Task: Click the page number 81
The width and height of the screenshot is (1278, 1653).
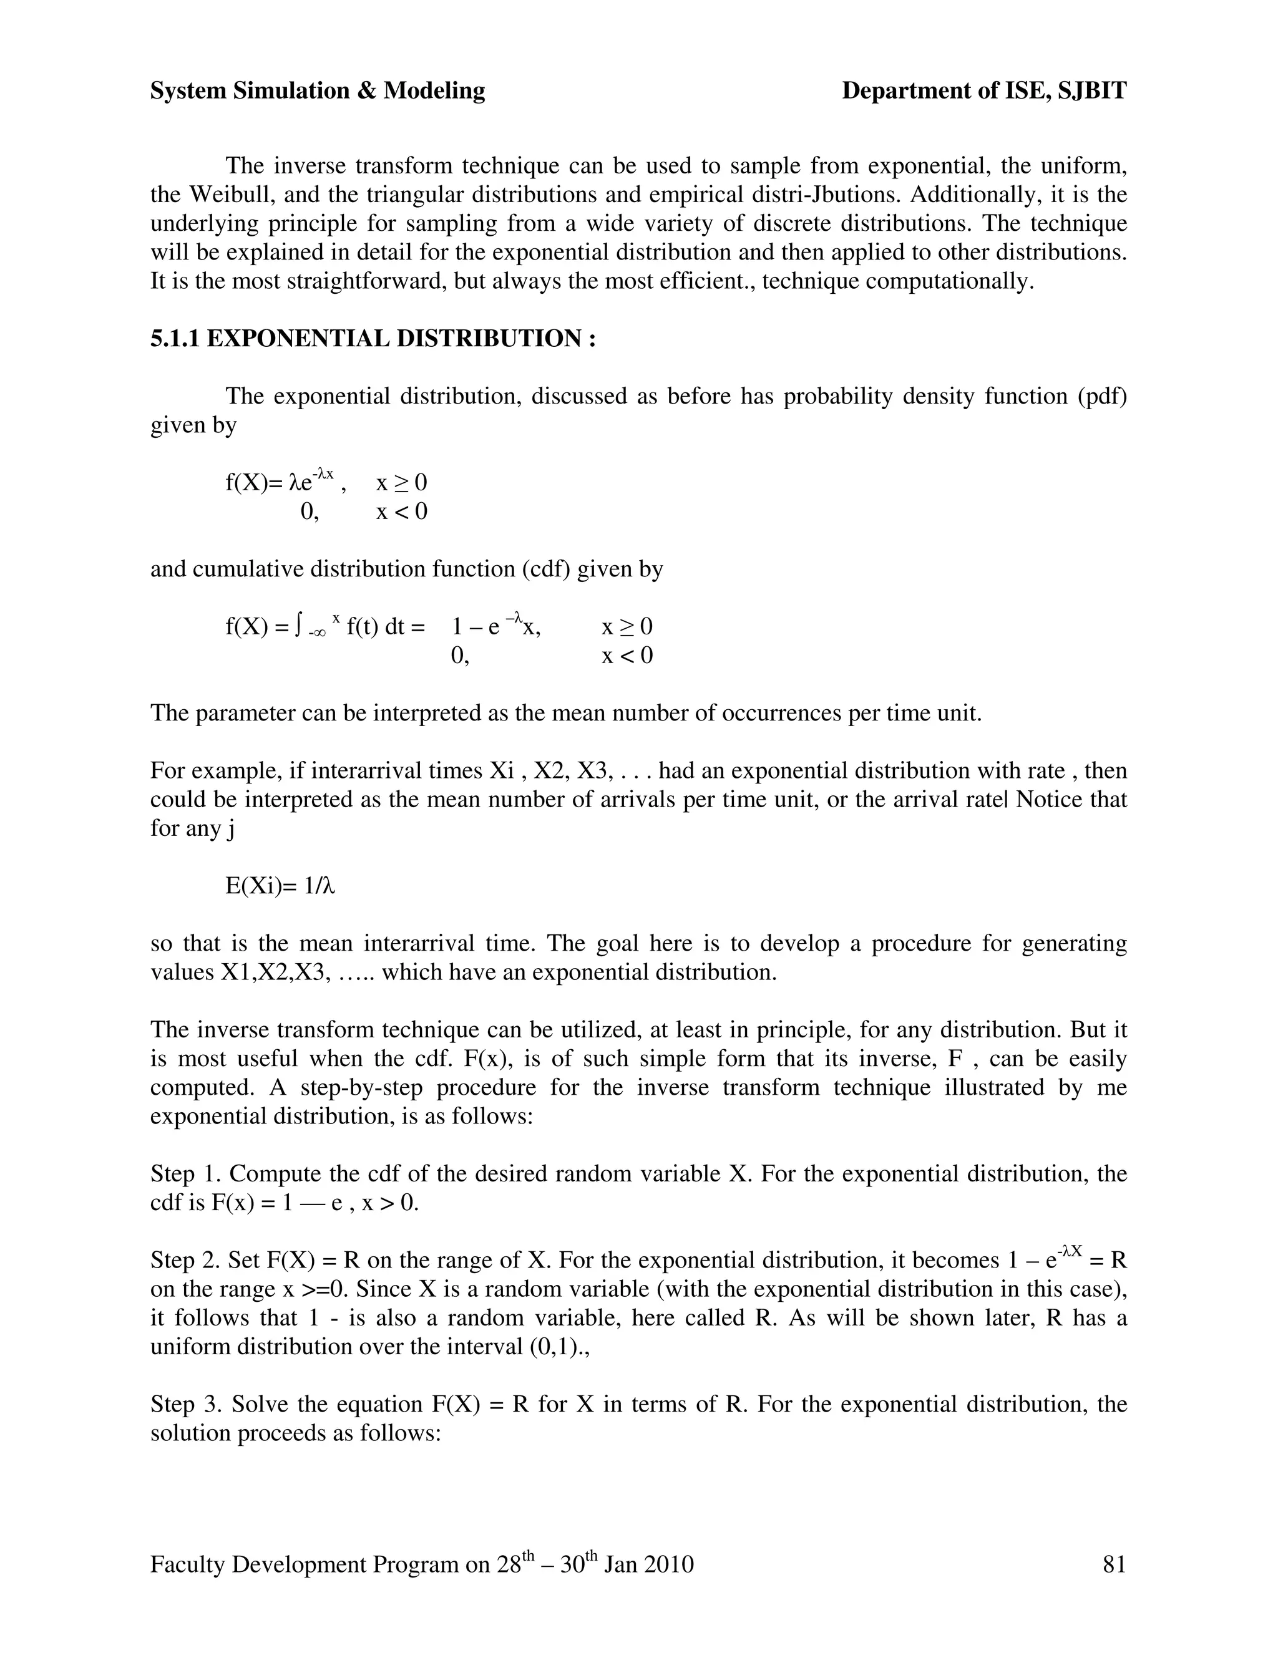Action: (x=1115, y=1564)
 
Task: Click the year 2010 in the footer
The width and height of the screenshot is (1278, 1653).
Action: (x=668, y=1564)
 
